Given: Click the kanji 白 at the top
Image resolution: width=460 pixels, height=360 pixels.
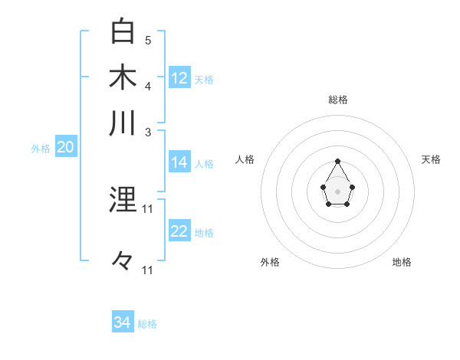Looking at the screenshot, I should [x=123, y=31].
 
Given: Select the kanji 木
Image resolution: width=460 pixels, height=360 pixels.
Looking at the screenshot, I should [x=123, y=77].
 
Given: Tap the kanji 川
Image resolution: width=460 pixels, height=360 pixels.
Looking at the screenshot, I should [x=123, y=123].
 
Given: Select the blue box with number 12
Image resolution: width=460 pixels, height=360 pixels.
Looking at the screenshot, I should [x=179, y=78].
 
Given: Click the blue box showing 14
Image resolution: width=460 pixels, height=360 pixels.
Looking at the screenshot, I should [x=179, y=162].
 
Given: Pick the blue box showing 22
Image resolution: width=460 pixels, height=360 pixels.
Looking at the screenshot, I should [x=179, y=232].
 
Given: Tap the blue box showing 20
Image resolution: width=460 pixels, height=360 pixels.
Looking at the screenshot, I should [x=65, y=148].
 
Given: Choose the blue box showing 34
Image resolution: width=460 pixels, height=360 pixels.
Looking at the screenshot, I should [x=123, y=322].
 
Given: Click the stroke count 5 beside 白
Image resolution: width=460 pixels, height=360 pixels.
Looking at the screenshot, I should [x=148, y=41].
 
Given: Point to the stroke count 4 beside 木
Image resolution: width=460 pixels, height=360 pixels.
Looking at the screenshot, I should [x=148, y=85].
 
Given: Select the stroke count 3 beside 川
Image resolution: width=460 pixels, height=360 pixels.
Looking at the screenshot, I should [x=148, y=132].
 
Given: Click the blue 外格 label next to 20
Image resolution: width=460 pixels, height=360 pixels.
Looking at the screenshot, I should [x=41, y=149].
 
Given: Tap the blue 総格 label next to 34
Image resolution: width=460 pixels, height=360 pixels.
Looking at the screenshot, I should [x=147, y=324].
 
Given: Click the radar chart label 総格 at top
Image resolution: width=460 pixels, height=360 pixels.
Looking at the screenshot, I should [x=338, y=100].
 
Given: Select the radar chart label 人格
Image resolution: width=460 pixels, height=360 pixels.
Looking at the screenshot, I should [x=245, y=159].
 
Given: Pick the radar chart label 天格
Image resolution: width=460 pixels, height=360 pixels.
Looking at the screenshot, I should [x=431, y=159].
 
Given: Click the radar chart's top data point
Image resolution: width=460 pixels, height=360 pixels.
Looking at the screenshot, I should [x=338, y=161].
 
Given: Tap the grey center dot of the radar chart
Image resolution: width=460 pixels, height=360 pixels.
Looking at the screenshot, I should [x=338, y=191].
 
